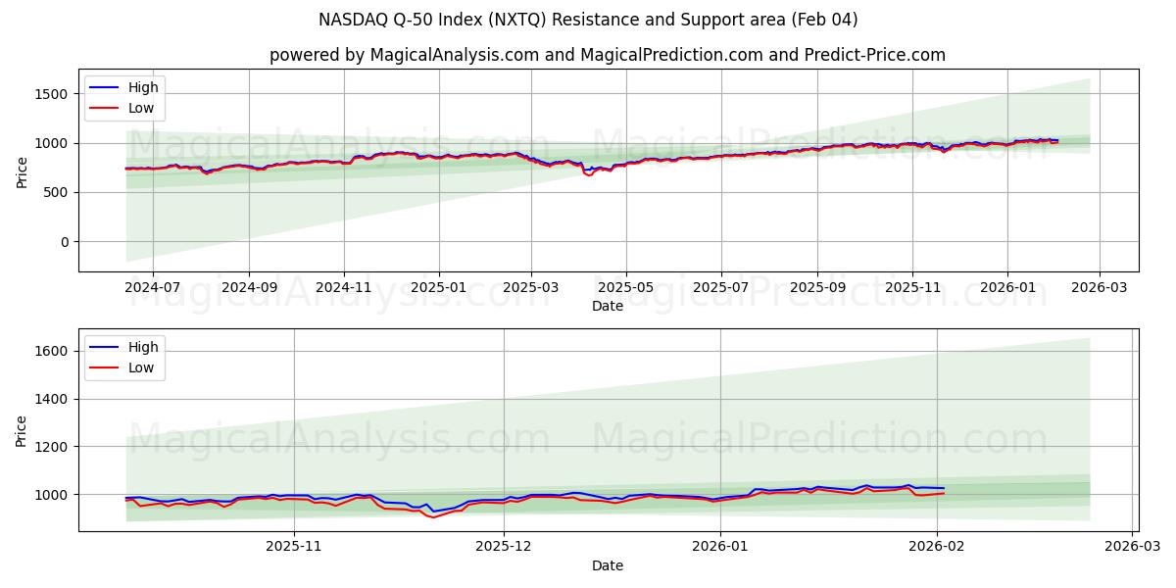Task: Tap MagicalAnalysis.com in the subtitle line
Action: click(454, 55)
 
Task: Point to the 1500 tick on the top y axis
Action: click(51, 94)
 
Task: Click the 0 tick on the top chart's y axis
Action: click(64, 242)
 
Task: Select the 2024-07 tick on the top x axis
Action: click(153, 288)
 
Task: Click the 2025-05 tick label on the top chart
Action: click(626, 288)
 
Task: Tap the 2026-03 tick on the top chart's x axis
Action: click(1099, 288)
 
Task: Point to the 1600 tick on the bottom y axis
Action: click(51, 351)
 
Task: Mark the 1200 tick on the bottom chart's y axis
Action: click(51, 447)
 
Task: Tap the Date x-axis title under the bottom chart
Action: click(608, 565)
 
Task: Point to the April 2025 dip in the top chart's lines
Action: click(589, 174)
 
